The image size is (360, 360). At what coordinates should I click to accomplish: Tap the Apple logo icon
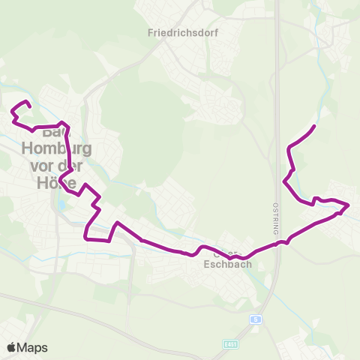12,347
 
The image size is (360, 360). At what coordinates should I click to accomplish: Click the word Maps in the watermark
34,347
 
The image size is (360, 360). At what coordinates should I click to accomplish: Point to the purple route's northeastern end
313,126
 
